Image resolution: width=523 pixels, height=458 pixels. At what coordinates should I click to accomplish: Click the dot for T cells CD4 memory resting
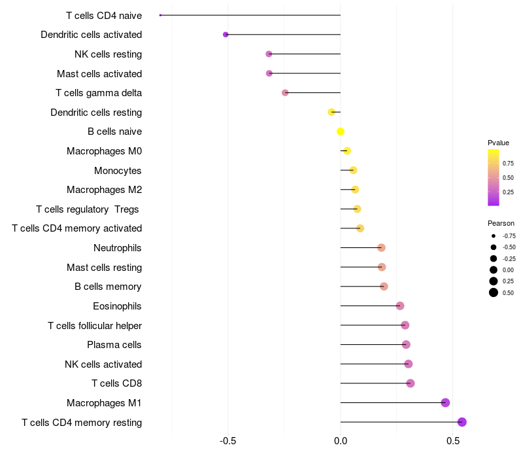point(462,422)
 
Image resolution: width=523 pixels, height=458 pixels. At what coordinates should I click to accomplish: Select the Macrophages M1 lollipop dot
point(445,402)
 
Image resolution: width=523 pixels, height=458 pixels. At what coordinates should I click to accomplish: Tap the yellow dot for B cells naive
point(341,132)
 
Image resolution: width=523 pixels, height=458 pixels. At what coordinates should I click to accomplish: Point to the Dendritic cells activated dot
point(226,34)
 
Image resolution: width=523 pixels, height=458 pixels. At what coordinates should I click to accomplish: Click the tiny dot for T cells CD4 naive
point(160,15)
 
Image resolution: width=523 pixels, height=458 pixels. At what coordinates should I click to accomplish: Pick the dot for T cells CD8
point(411,383)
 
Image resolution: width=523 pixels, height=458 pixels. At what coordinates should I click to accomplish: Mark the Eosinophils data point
point(400,306)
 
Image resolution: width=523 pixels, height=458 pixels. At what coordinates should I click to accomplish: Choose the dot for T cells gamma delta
point(285,93)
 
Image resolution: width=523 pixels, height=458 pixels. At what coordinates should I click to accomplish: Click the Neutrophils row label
point(118,248)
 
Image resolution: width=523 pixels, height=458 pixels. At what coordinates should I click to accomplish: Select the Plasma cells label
point(114,345)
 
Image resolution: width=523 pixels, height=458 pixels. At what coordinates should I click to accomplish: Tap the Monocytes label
point(118,171)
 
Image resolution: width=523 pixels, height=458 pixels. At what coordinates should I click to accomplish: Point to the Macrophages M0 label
point(104,151)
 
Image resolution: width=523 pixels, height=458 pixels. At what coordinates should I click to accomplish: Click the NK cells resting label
point(109,54)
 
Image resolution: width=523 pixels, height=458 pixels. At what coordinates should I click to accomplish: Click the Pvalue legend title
point(498,143)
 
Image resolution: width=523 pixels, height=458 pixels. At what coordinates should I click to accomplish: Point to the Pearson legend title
point(501,223)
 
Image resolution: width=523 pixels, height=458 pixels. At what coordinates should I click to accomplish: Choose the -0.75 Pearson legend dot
point(494,236)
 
